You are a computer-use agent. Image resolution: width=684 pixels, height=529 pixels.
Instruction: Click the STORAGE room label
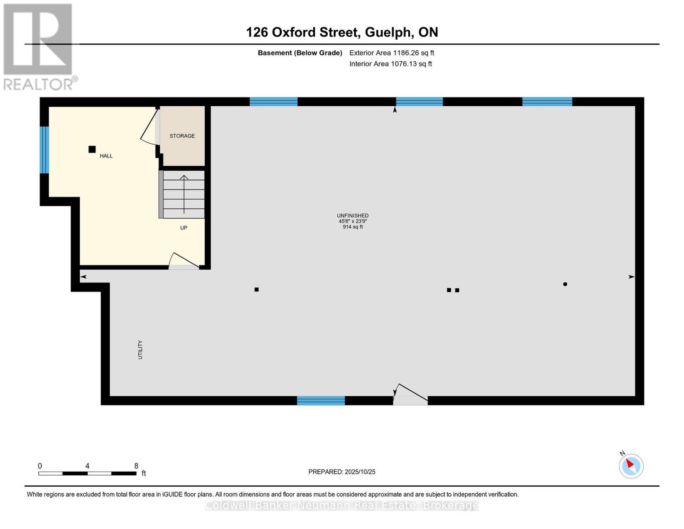(182, 136)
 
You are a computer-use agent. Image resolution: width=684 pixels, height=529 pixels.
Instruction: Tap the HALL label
(106, 156)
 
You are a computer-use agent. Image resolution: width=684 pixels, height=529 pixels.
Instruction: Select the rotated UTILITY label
(140, 350)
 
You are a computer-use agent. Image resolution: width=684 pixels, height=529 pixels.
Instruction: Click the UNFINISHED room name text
(352, 216)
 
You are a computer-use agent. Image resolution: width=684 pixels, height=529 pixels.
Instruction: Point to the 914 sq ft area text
(352, 227)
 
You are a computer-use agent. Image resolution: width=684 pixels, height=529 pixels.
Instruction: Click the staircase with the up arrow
(182, 194)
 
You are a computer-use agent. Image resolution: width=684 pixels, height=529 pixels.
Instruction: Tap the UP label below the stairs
(184, 228)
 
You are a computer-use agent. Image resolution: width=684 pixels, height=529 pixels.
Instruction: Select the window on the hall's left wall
(44, 150)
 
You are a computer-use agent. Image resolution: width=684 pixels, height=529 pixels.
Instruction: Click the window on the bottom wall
(321, 401)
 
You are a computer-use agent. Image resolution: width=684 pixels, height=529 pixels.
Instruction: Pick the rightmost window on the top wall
(547, 102)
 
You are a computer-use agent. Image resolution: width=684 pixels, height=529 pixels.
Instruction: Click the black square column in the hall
(92, 149)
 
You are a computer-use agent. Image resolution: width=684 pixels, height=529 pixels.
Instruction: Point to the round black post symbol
(565, 284)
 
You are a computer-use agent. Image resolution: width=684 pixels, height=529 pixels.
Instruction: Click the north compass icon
(631, 466)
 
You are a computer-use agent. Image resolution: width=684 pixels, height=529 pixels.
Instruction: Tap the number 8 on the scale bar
(136, 466)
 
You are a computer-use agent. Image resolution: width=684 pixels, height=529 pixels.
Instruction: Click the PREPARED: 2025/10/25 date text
(342, 472)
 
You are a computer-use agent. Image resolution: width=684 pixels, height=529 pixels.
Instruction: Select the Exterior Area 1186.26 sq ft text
(392, 53)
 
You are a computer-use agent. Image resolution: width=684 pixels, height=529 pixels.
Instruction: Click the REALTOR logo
(39, 47)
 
